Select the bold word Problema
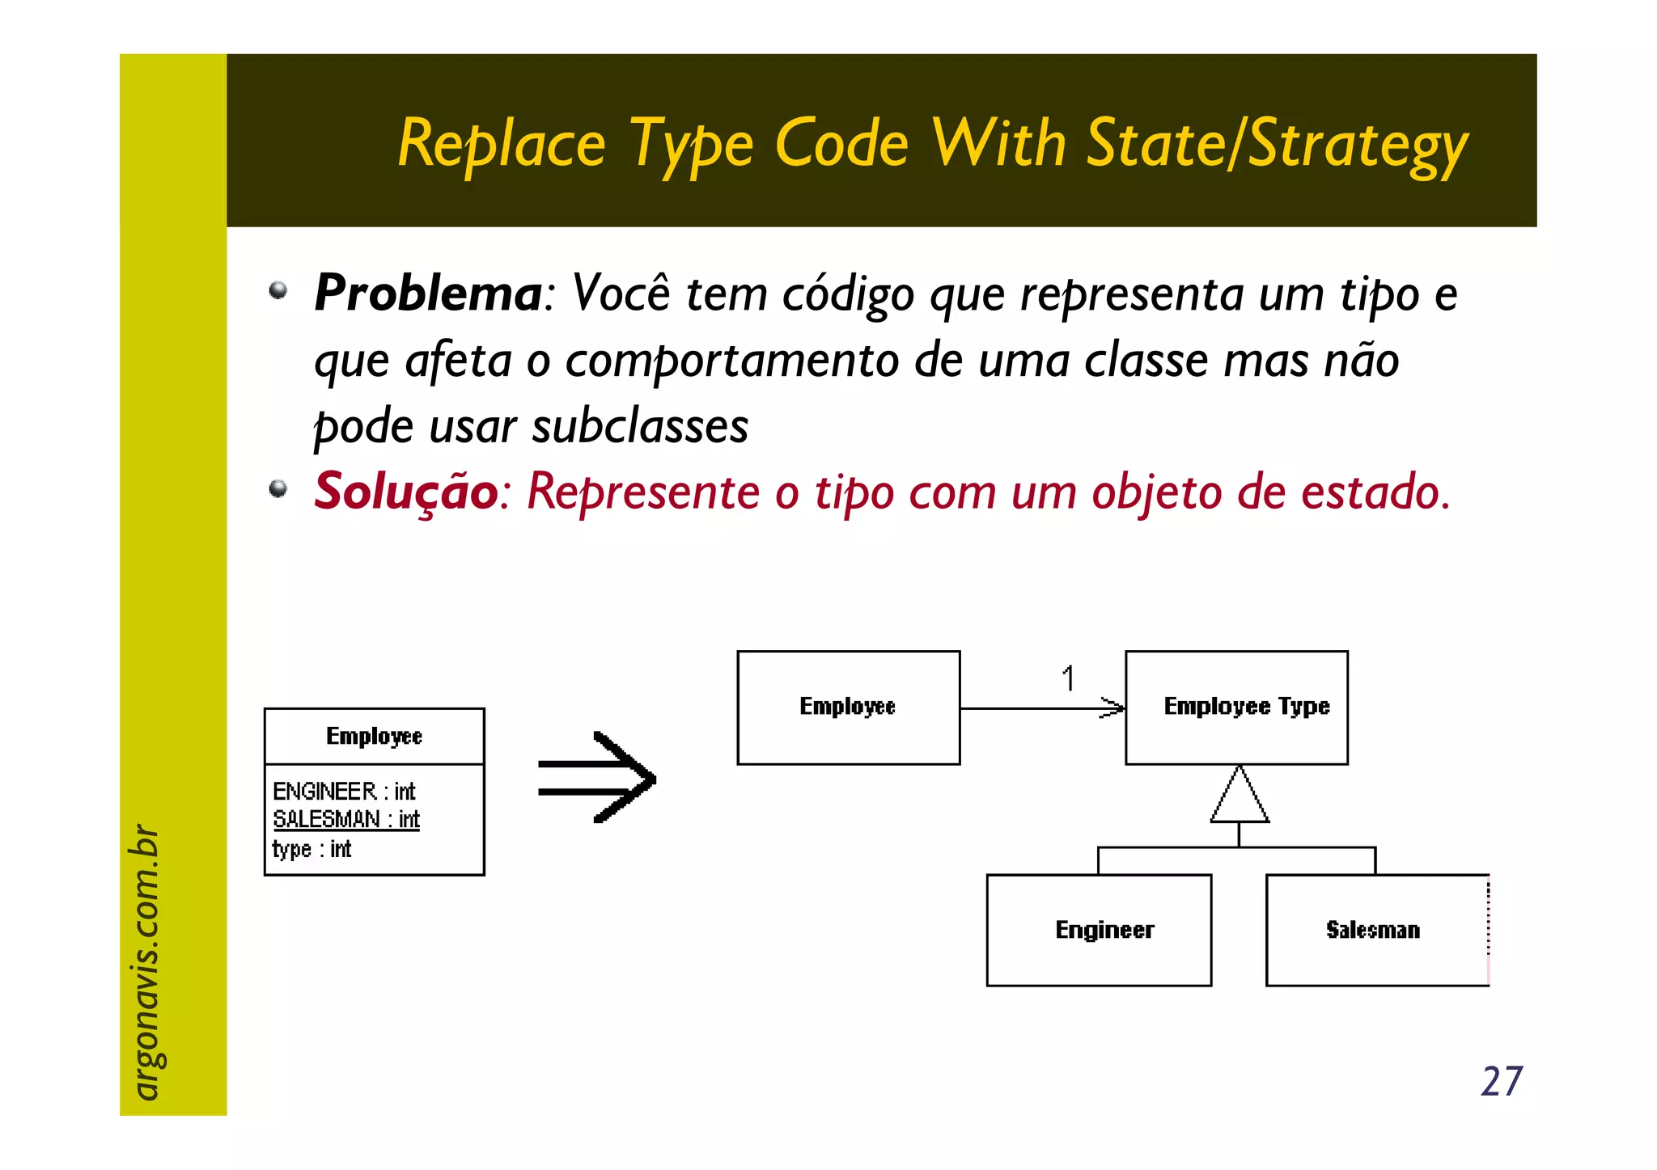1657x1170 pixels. click(x=428, y=293)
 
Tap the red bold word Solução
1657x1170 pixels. click(x=406, y=491)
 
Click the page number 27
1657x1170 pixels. click(x=1501, y=1081)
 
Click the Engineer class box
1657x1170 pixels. click(x=1099, y=930)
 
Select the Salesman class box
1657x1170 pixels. click(x=1375, y=930)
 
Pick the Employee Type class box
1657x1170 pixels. click(x=1236, y=707)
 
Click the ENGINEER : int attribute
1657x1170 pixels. click(x=344, y=791)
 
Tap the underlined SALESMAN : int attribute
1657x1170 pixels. click(x=346, y=819)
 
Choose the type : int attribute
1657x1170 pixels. click(x=312, y=849)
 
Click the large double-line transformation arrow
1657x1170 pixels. click(x=597, y=778)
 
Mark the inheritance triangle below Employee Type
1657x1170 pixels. click(x=1240, y=796)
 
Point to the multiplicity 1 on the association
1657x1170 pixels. click(x=1069, y=678)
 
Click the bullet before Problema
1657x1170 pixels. click(x=278, y=290)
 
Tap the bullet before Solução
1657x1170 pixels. click(x=278, y=488)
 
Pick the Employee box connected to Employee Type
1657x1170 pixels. click(x=848, y=707)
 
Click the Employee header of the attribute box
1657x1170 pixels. click(x=374, y=736)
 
